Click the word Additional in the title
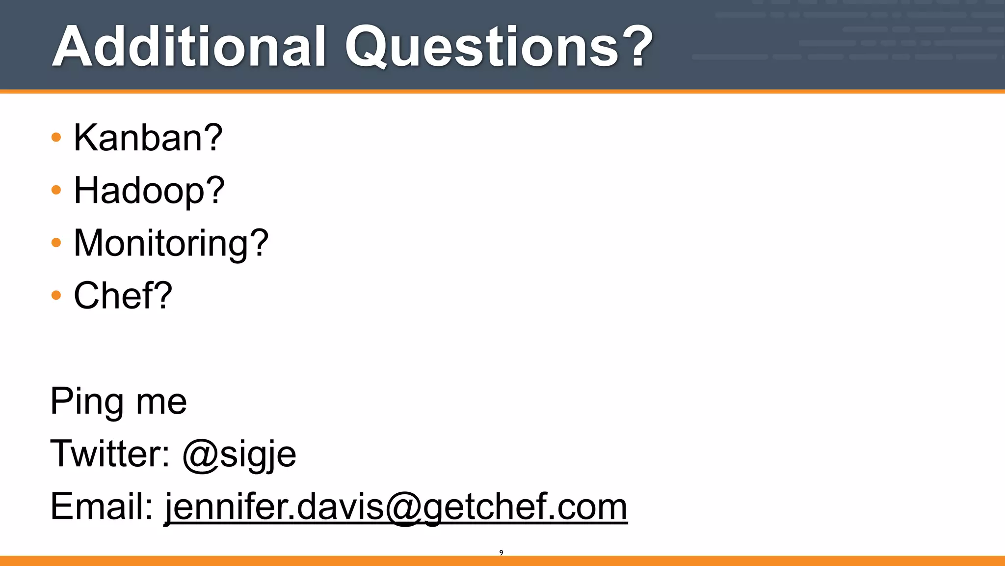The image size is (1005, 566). click(189, 47)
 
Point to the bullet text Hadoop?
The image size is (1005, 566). click(149, 191)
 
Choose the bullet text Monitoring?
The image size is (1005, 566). click(171, 243)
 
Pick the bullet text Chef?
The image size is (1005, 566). click(123, 296)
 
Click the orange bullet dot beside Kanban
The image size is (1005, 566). click(56, 137)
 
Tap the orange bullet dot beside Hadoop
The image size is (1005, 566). click(56, 190)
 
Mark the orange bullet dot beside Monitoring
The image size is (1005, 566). click(56, 242)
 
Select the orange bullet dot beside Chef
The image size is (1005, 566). click(56, 295)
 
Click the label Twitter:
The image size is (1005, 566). click(110, 453)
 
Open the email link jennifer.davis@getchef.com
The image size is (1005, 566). click(396, 507)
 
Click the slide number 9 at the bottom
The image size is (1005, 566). click(501, 553)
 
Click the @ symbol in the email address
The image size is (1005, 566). click(404, 508)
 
